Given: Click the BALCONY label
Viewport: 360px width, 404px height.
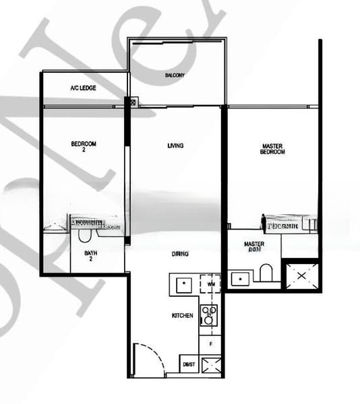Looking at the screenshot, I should [x=175, y=75].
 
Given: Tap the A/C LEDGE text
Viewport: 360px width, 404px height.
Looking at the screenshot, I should [x=83, y=89].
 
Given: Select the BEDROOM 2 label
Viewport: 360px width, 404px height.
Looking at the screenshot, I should [x=84, y=146].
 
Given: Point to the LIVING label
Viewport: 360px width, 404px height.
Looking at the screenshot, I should [x=175, y=145].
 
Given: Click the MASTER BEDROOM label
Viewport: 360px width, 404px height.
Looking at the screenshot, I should [x=273, y=149].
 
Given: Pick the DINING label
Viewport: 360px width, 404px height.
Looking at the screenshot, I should [x=179, y=254].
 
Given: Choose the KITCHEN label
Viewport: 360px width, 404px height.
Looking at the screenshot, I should [x=183, y=315].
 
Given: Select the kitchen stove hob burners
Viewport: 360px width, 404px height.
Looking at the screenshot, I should [x=209, y=315].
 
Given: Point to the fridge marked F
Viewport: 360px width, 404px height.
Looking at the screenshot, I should [x=210, y=344].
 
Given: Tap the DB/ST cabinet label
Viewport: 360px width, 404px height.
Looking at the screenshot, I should [x=188, y=364].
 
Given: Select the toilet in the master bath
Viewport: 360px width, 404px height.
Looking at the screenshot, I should [x=266, y=273].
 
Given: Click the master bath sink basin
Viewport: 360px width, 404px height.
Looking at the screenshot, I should [x=239, y=278].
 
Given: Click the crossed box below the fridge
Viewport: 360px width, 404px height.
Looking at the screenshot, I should [x=210, y=366].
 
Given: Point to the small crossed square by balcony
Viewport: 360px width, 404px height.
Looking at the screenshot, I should [x=133, y=102].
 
